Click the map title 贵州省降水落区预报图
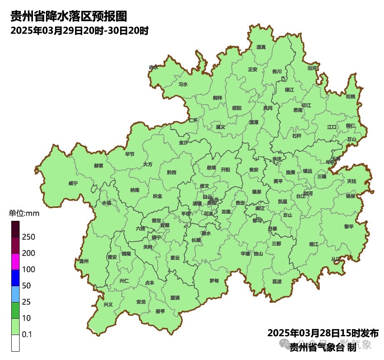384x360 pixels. [x=68, y=17]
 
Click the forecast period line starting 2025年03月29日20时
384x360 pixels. [x=80, y=31]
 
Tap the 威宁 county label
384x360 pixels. [x=73, y=183]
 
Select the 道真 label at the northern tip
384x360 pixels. [x=261, y=47]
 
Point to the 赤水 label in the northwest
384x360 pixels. [x=153, y=67]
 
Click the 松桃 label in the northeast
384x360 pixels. [x=351, y=97]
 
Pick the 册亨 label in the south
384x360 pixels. [x=160, y=311]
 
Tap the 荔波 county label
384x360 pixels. [x=277, y=282]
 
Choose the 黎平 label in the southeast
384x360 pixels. [x=349, y=227]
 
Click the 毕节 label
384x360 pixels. [x=130, y=154]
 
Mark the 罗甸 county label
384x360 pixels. [x=214, y=281]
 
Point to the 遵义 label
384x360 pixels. [x=221, y=127]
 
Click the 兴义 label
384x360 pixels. [x=108, y=305]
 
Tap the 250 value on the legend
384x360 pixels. [x=28, y=237]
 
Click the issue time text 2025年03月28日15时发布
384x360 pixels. [x=323, y=333]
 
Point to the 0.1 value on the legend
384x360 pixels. [x=28, y=335]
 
